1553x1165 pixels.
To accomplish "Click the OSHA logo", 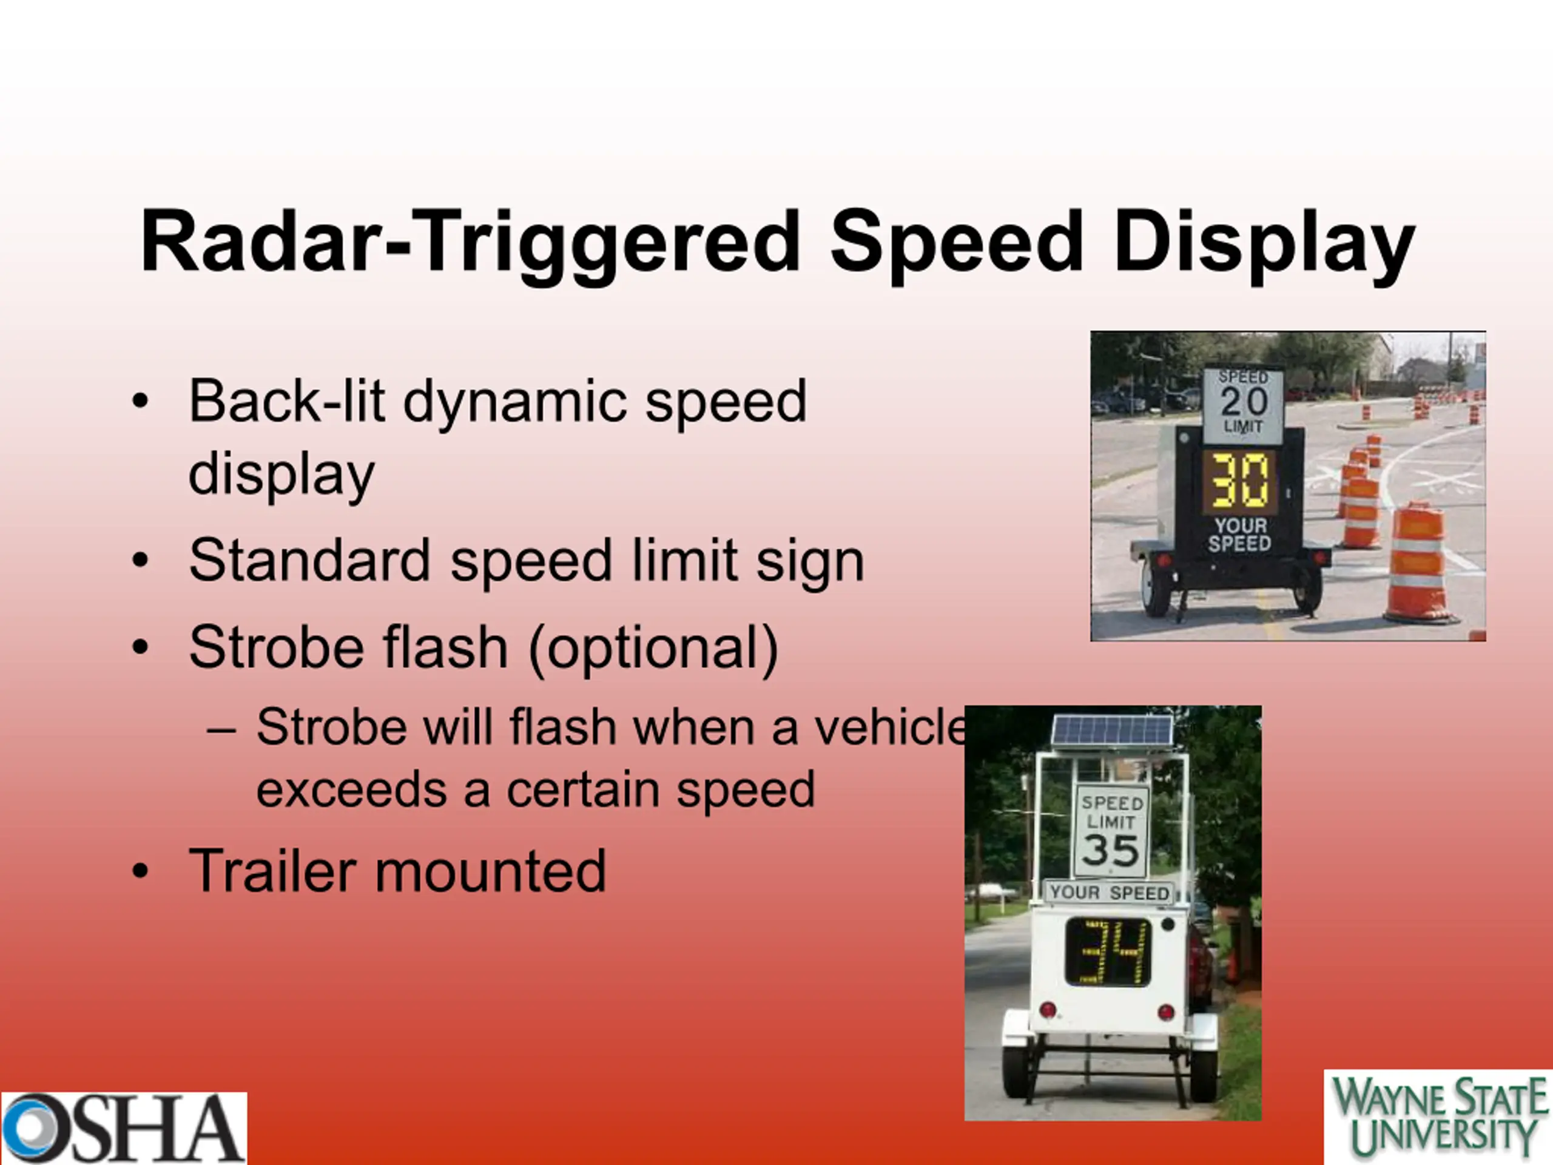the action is (x=124, y=1128).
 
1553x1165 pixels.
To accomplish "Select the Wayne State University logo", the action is (x=1438, y=1116).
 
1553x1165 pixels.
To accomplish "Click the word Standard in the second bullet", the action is (x=309, y=561).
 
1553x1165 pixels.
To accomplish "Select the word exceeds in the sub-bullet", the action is (x=351, y=790).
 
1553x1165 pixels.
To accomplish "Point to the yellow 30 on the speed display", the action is (x=1240, y=481).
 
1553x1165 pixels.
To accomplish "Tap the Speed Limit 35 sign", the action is (x=1111, y=832).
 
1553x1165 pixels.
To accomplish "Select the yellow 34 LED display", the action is (x=1107, y=952).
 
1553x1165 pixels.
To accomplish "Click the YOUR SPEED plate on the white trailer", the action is (x=1110, y=892).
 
